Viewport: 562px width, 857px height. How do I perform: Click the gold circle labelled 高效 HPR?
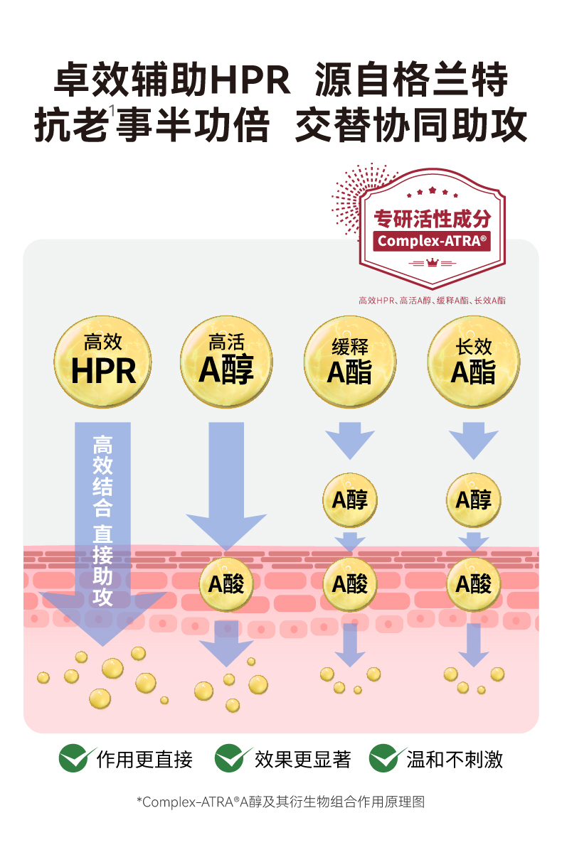pyautogui.click(x=103, y=362)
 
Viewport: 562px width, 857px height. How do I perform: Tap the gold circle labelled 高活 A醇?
pyautogui.click(x=227, y=362)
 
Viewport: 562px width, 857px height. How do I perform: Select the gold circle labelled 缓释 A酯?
pyautogui.click(x=350, y=362)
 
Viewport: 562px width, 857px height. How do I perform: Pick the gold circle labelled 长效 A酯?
pyautogui.click(x=473, y=362)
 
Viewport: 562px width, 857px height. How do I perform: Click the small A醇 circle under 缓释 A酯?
pyautogui.click(x=350, y=500)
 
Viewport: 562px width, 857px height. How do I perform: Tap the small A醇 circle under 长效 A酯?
pyautogui.click(x=473, y=500)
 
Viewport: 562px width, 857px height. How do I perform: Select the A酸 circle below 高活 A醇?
pyautogui.click(x=226, y=584)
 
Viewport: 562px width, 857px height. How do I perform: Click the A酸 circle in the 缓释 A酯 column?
pyautogui.click(x=350, y=584)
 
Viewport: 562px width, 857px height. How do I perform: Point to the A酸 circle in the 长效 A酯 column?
pyautogui.click(x=473, y=584)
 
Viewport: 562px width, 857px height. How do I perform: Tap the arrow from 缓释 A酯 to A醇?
pyautogui.click(x=350, y=441)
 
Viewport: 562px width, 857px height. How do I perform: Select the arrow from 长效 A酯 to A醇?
pyautogui.click(x=473, y=441)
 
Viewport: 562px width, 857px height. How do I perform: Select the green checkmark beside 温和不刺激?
pyautogui.click(x=386, y=759)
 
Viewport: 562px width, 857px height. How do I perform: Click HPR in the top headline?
pyautogui.click(x=250, y=80)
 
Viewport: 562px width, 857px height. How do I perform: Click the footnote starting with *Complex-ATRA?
pyautogui.click(x=280, y=802)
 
